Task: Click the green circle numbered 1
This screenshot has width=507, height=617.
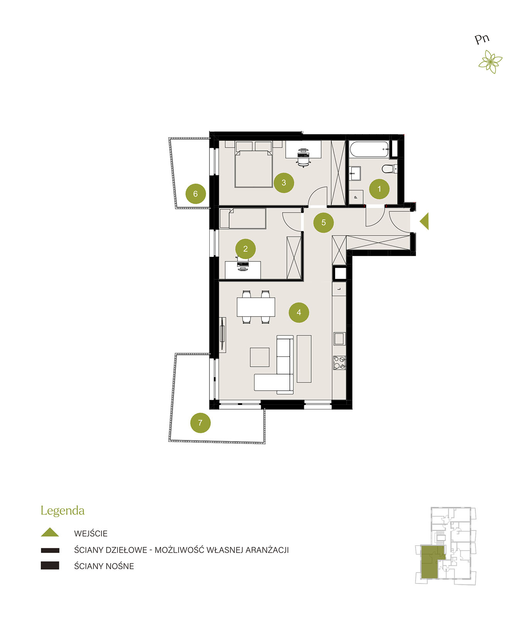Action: point(379,189)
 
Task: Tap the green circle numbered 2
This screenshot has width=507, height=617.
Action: point(246,249)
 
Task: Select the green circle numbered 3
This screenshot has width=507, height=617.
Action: point(284,183)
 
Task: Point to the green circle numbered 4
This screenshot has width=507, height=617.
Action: point(299,312)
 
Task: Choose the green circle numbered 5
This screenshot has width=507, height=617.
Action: point(323,223)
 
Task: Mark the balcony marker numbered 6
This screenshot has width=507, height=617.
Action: point(196,194)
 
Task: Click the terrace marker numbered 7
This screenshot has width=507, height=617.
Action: point(200,423)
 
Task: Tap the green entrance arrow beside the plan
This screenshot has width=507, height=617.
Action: point(425,221)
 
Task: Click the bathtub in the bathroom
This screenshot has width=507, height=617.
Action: point(369,150)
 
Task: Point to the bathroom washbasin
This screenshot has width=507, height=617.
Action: point(355,174)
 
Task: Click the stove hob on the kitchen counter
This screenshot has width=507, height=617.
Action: point(339,363)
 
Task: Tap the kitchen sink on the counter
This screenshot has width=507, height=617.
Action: point(339,339)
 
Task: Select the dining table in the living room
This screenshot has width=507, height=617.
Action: point(256,307)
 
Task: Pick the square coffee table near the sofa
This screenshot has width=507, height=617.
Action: point(259,357)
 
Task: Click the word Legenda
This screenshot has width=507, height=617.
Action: point(62,510)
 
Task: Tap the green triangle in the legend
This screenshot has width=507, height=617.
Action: point(50,532)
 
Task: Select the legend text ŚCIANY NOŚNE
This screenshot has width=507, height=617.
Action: point(104,566)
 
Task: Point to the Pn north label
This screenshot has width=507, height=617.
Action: point(482,39)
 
